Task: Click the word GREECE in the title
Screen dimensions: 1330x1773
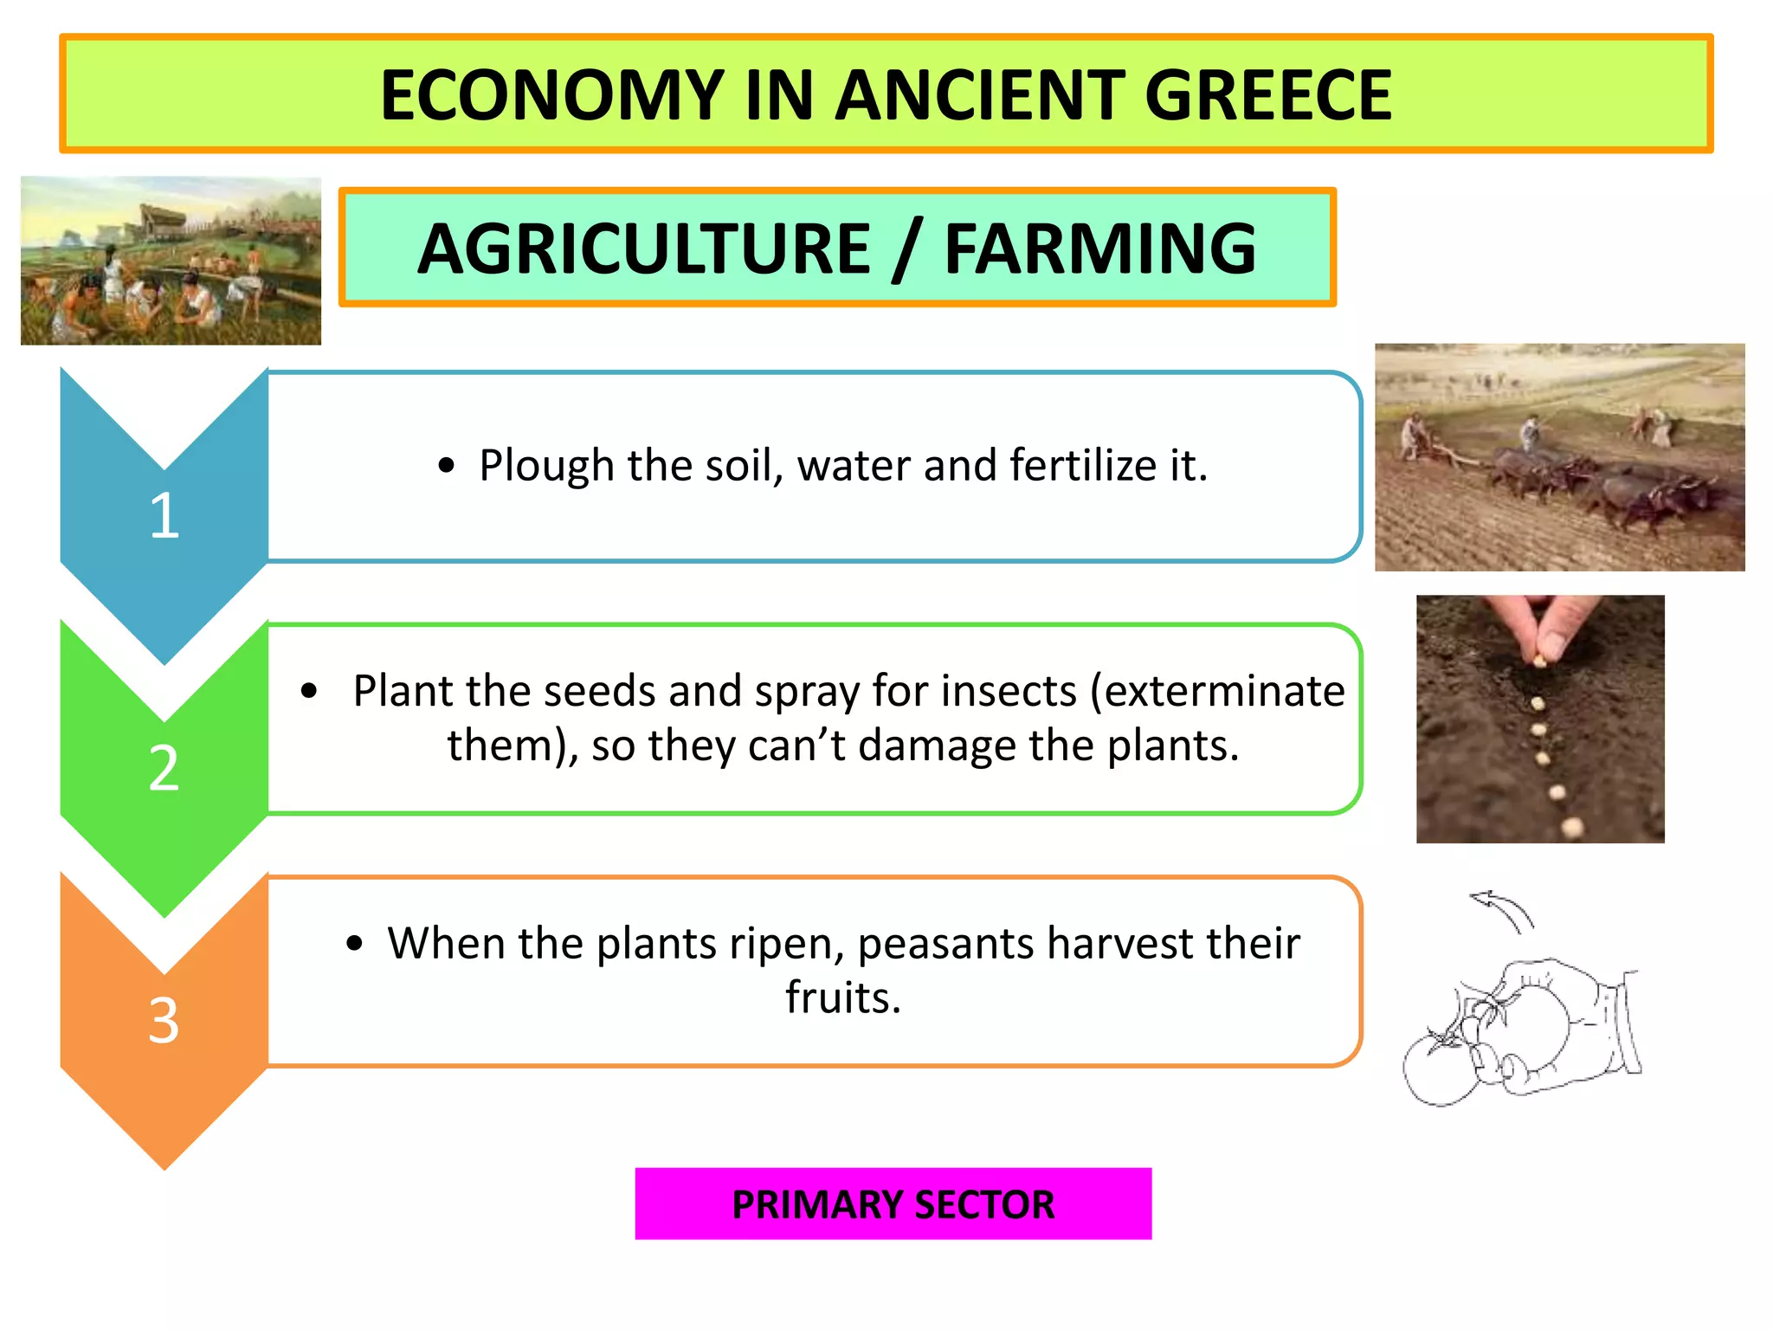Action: tap(1267, 95)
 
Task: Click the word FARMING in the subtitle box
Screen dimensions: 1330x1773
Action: tap(1099, 249)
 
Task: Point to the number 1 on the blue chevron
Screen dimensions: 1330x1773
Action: tap(164, 516)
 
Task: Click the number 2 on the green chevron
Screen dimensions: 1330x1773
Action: tap(164, 768)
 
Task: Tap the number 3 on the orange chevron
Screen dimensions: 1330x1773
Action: tap(164, 1020)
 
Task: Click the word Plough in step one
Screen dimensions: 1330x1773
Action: tap(546, 466)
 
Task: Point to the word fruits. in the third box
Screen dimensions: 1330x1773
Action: tap(843, 997)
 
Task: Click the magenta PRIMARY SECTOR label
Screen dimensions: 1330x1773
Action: tap(893, 1204)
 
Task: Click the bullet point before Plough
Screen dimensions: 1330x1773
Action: tap(446, 467)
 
